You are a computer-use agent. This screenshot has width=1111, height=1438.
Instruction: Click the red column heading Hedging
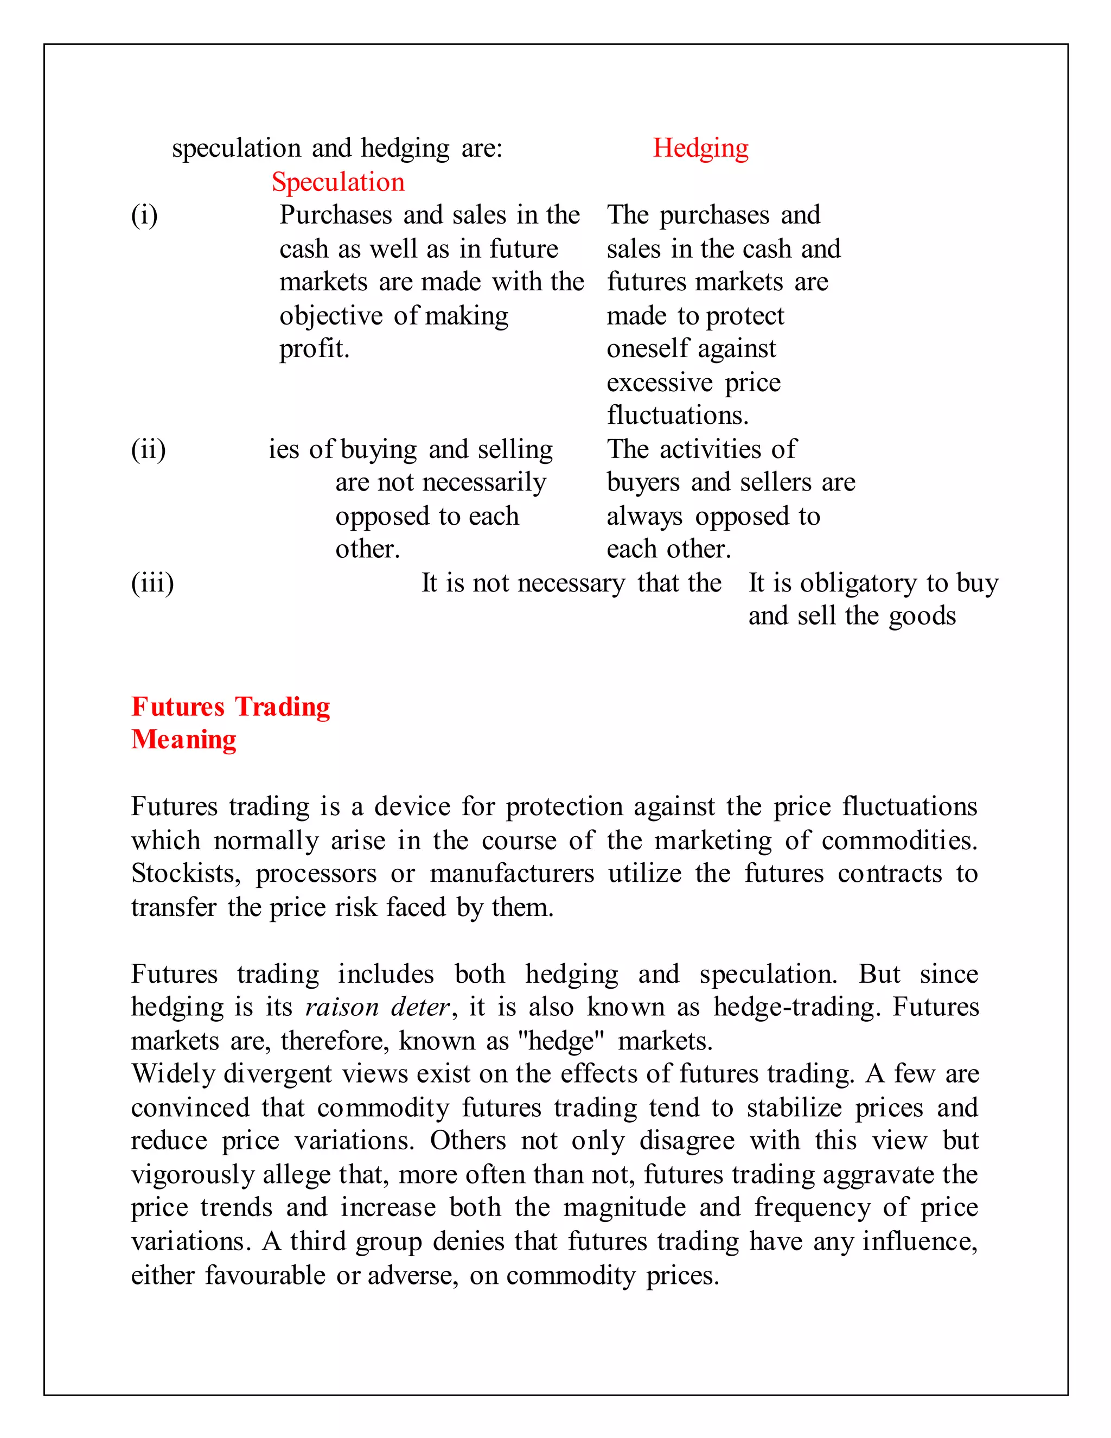[700, 148]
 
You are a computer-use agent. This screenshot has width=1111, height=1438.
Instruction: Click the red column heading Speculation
[339, 182]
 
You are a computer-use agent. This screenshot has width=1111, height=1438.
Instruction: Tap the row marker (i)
[144, 215]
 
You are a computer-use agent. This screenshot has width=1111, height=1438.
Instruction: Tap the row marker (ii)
[148, 450]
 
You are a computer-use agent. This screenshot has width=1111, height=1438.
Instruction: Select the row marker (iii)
[152, 583]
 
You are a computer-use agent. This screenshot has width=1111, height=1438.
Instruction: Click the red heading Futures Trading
[231, 707]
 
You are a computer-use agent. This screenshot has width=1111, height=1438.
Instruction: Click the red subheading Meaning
[184, 740]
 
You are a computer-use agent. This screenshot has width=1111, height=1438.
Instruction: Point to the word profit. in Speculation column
[314, 348]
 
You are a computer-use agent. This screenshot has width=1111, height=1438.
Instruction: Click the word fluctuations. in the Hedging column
[677, 416]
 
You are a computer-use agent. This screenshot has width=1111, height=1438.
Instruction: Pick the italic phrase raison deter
[378, 1007]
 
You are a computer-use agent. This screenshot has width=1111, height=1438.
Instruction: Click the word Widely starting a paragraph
[174, 1074]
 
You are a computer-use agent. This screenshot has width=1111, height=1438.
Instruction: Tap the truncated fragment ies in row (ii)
[284, 450]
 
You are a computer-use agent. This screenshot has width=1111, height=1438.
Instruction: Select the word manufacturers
[512, 874]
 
